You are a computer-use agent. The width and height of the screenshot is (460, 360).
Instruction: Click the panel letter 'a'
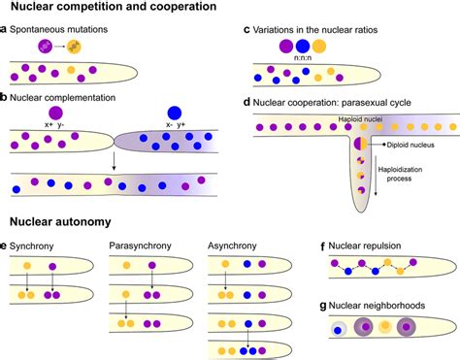coord(5,31)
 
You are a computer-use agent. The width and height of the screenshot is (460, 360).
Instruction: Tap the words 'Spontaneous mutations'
coord(61,31)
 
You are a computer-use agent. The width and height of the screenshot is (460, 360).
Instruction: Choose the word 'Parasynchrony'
coord(141,245)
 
